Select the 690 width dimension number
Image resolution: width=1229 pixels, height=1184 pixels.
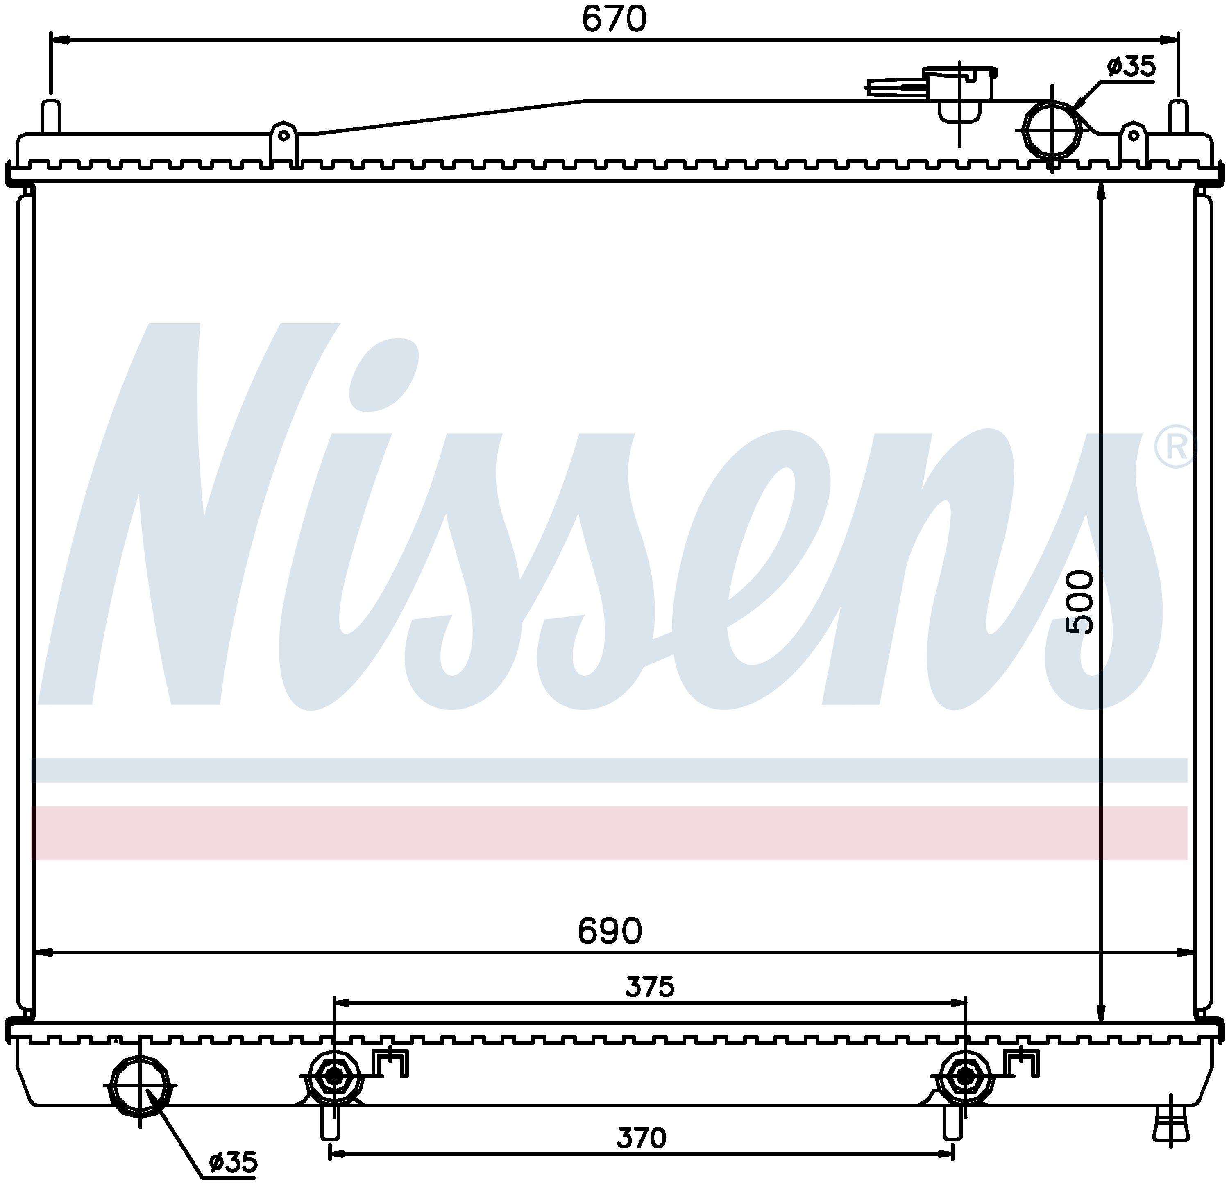tap(610, 931)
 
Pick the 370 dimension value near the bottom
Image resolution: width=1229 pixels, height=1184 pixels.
tap(641, 1138)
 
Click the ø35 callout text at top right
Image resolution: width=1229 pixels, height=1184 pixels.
tap(1131, 66)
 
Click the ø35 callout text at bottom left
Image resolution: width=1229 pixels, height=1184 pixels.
tap(233, 1163)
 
